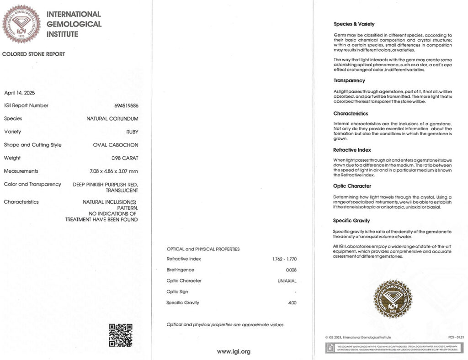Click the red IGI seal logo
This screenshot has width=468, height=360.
click(21, 24)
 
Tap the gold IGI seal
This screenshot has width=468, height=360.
click(393, 299)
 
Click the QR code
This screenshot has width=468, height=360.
click(121, 335)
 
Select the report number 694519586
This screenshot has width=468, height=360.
click(126, 106)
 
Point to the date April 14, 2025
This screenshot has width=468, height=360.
click(19, 93)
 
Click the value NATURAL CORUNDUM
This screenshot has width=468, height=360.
click(112, 119)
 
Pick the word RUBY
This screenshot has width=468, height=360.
click(132, 132)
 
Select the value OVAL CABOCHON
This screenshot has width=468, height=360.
click(116, 145)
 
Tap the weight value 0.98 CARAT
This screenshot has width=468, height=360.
click(125, 158)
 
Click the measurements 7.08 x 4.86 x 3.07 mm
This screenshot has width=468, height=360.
click(114, 171)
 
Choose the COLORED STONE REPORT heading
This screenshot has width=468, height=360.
click(34, 54)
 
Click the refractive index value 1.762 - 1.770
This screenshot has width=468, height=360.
click(284, 259)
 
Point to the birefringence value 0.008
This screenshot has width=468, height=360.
click(291, 270)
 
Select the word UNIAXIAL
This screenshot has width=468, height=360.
click(287, 281)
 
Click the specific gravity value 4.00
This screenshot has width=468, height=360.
click(292, 303)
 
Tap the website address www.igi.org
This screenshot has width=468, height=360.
click(234, 351)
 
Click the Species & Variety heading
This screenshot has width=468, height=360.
click(354, 24)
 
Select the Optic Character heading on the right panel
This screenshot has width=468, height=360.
click(352, 186)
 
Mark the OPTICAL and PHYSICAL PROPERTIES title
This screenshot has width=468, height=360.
click(203, 249)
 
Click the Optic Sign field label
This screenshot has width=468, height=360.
click(177, 292)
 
